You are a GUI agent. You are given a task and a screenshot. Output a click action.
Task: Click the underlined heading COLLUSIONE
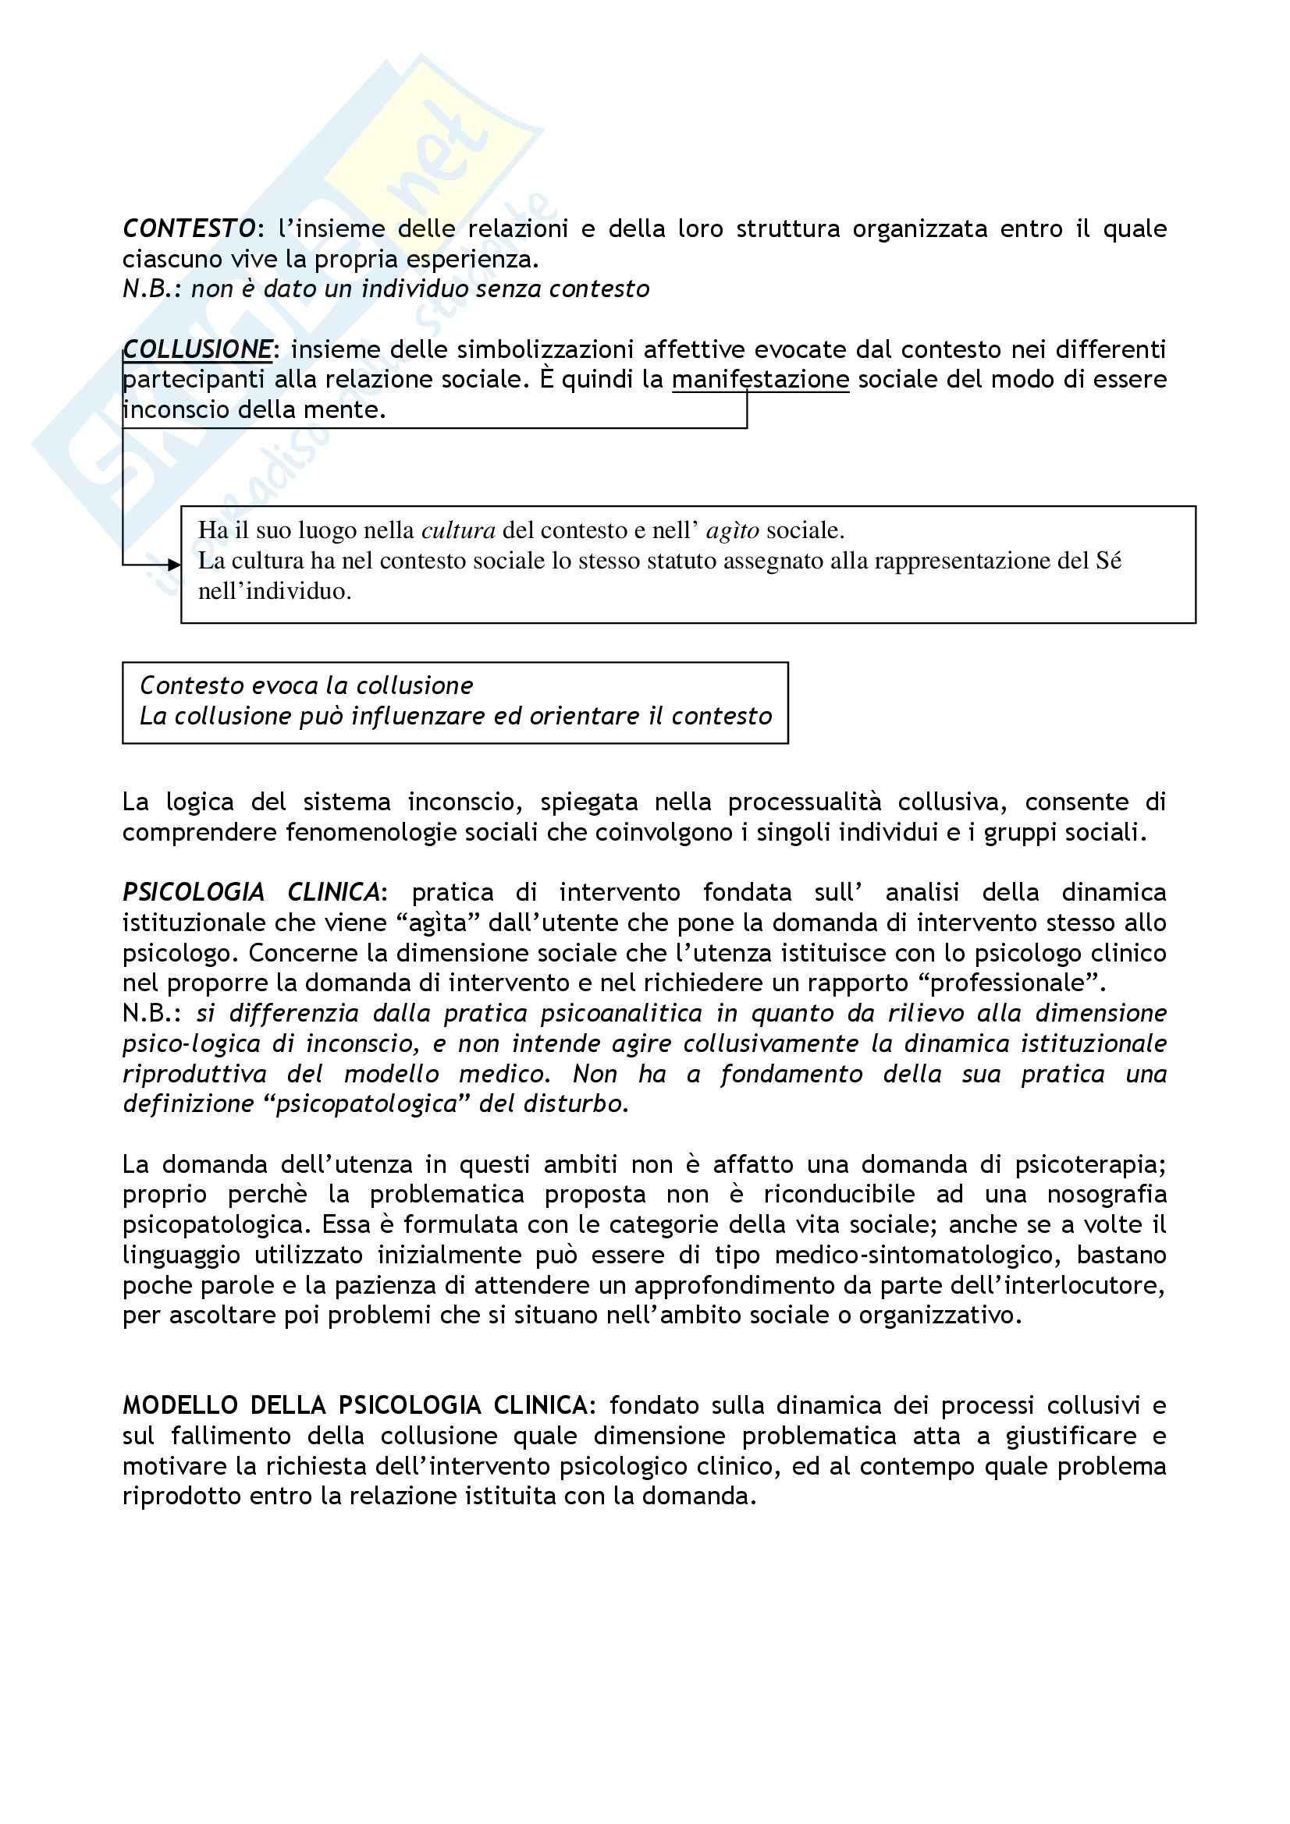197,349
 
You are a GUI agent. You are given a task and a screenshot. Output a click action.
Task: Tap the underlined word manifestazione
760,380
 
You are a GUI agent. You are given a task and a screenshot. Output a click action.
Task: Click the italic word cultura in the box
458,529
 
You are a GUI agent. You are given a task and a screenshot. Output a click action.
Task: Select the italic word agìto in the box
732,529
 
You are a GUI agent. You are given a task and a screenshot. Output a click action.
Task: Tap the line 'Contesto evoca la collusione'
306,685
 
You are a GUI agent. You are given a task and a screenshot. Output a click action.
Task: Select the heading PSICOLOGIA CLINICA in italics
251,892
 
